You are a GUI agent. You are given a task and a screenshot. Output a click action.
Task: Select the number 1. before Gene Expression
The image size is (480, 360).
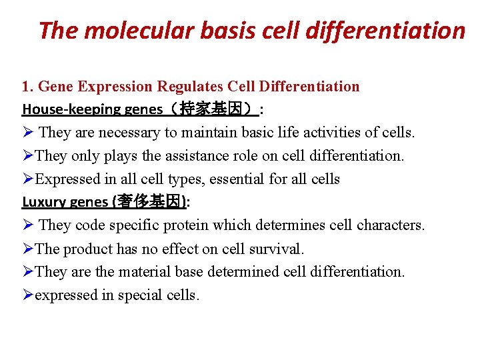tap(27, 86)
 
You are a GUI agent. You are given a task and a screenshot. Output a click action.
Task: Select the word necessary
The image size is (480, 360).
tap(127, 133)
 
